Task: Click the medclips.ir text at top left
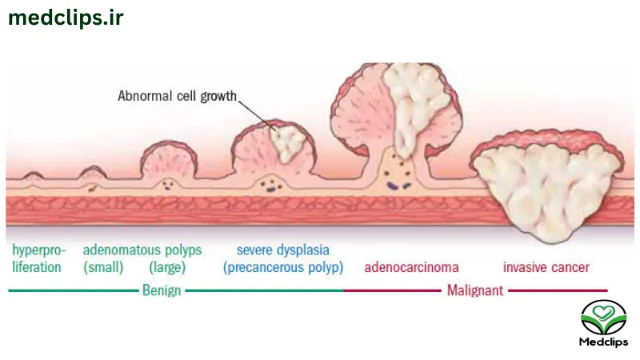(x=66, y=18)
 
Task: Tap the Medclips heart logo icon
(x=603, y=318)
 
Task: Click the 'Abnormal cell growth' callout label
(x=177, y=96)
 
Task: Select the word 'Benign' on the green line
(x=162, y=290)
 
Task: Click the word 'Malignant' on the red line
(x=475, y=290)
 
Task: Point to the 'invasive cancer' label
(x=546, y=267)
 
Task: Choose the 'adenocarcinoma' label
(x=411, y=267)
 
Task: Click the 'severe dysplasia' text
(x=283, y=250)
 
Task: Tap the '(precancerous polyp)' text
(x=283, y=267)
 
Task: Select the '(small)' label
(x=103, y=267)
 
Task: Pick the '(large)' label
(x=167, y=267)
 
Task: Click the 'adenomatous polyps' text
(x=142, y=250)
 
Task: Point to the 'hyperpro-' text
(x=38, y=250)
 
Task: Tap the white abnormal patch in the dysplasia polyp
(x=288, y=143)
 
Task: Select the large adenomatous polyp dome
(x=169, y=162)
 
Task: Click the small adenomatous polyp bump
(x=93, y=173)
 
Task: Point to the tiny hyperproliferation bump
(x=33, y=176)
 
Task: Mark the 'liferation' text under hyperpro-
(x=37, y=267)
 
